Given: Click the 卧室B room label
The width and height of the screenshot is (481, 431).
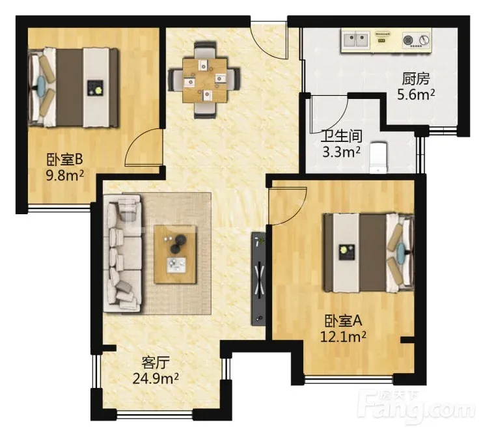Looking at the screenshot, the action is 64,160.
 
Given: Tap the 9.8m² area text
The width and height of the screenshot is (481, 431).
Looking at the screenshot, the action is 64,176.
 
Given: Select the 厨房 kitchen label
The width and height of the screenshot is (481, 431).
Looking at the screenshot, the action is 416,79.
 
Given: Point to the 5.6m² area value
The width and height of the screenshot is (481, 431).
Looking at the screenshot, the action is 416,94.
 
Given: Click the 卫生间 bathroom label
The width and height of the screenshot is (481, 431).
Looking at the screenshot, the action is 342,137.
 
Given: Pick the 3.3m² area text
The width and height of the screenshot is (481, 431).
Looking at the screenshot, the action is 342,152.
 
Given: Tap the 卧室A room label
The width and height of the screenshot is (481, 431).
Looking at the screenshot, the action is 344,321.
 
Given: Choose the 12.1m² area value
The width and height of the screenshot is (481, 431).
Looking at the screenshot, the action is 343,337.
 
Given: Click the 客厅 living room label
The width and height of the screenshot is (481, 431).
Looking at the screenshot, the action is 156,363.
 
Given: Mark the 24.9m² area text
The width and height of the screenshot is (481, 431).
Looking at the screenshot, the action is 156,378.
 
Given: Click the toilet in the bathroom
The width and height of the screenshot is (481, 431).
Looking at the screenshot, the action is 378,158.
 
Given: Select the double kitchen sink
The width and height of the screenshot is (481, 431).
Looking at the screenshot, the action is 356,40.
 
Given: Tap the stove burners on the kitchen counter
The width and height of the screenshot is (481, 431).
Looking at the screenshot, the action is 417,40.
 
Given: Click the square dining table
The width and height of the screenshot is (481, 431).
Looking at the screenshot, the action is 204,80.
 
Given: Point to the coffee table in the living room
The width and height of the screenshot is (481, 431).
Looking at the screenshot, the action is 175,255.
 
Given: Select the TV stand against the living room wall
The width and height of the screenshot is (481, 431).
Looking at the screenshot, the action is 258,279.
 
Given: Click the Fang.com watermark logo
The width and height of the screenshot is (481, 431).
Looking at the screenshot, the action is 416,405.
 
